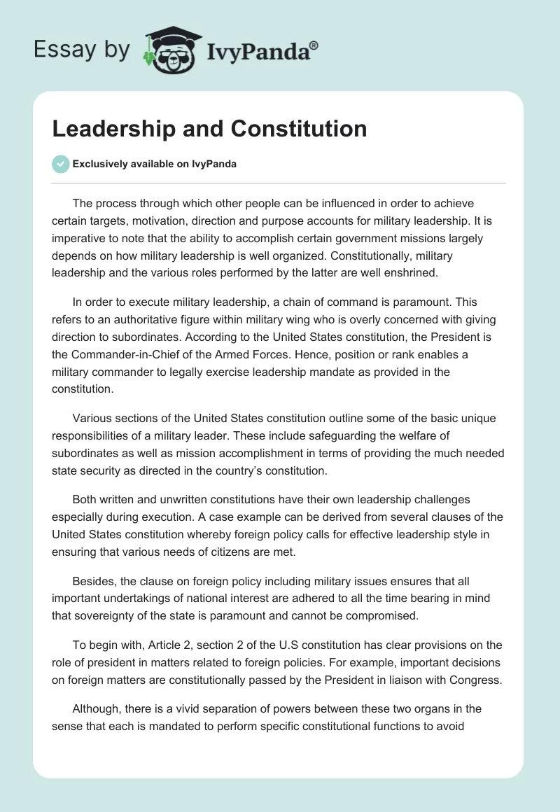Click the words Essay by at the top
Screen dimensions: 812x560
click(x=81, y=50)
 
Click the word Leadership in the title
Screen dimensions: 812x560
click(x=112, y=129)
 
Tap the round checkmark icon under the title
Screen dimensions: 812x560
click(x=60, y=164)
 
